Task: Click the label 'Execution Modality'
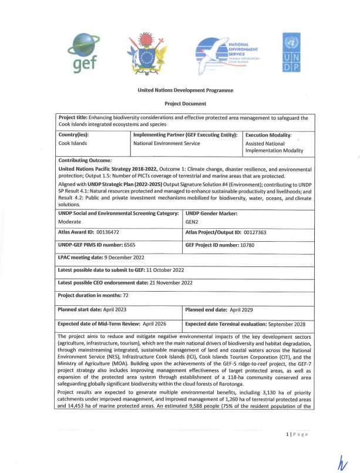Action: [268, 134]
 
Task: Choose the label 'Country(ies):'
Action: [74, 134]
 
